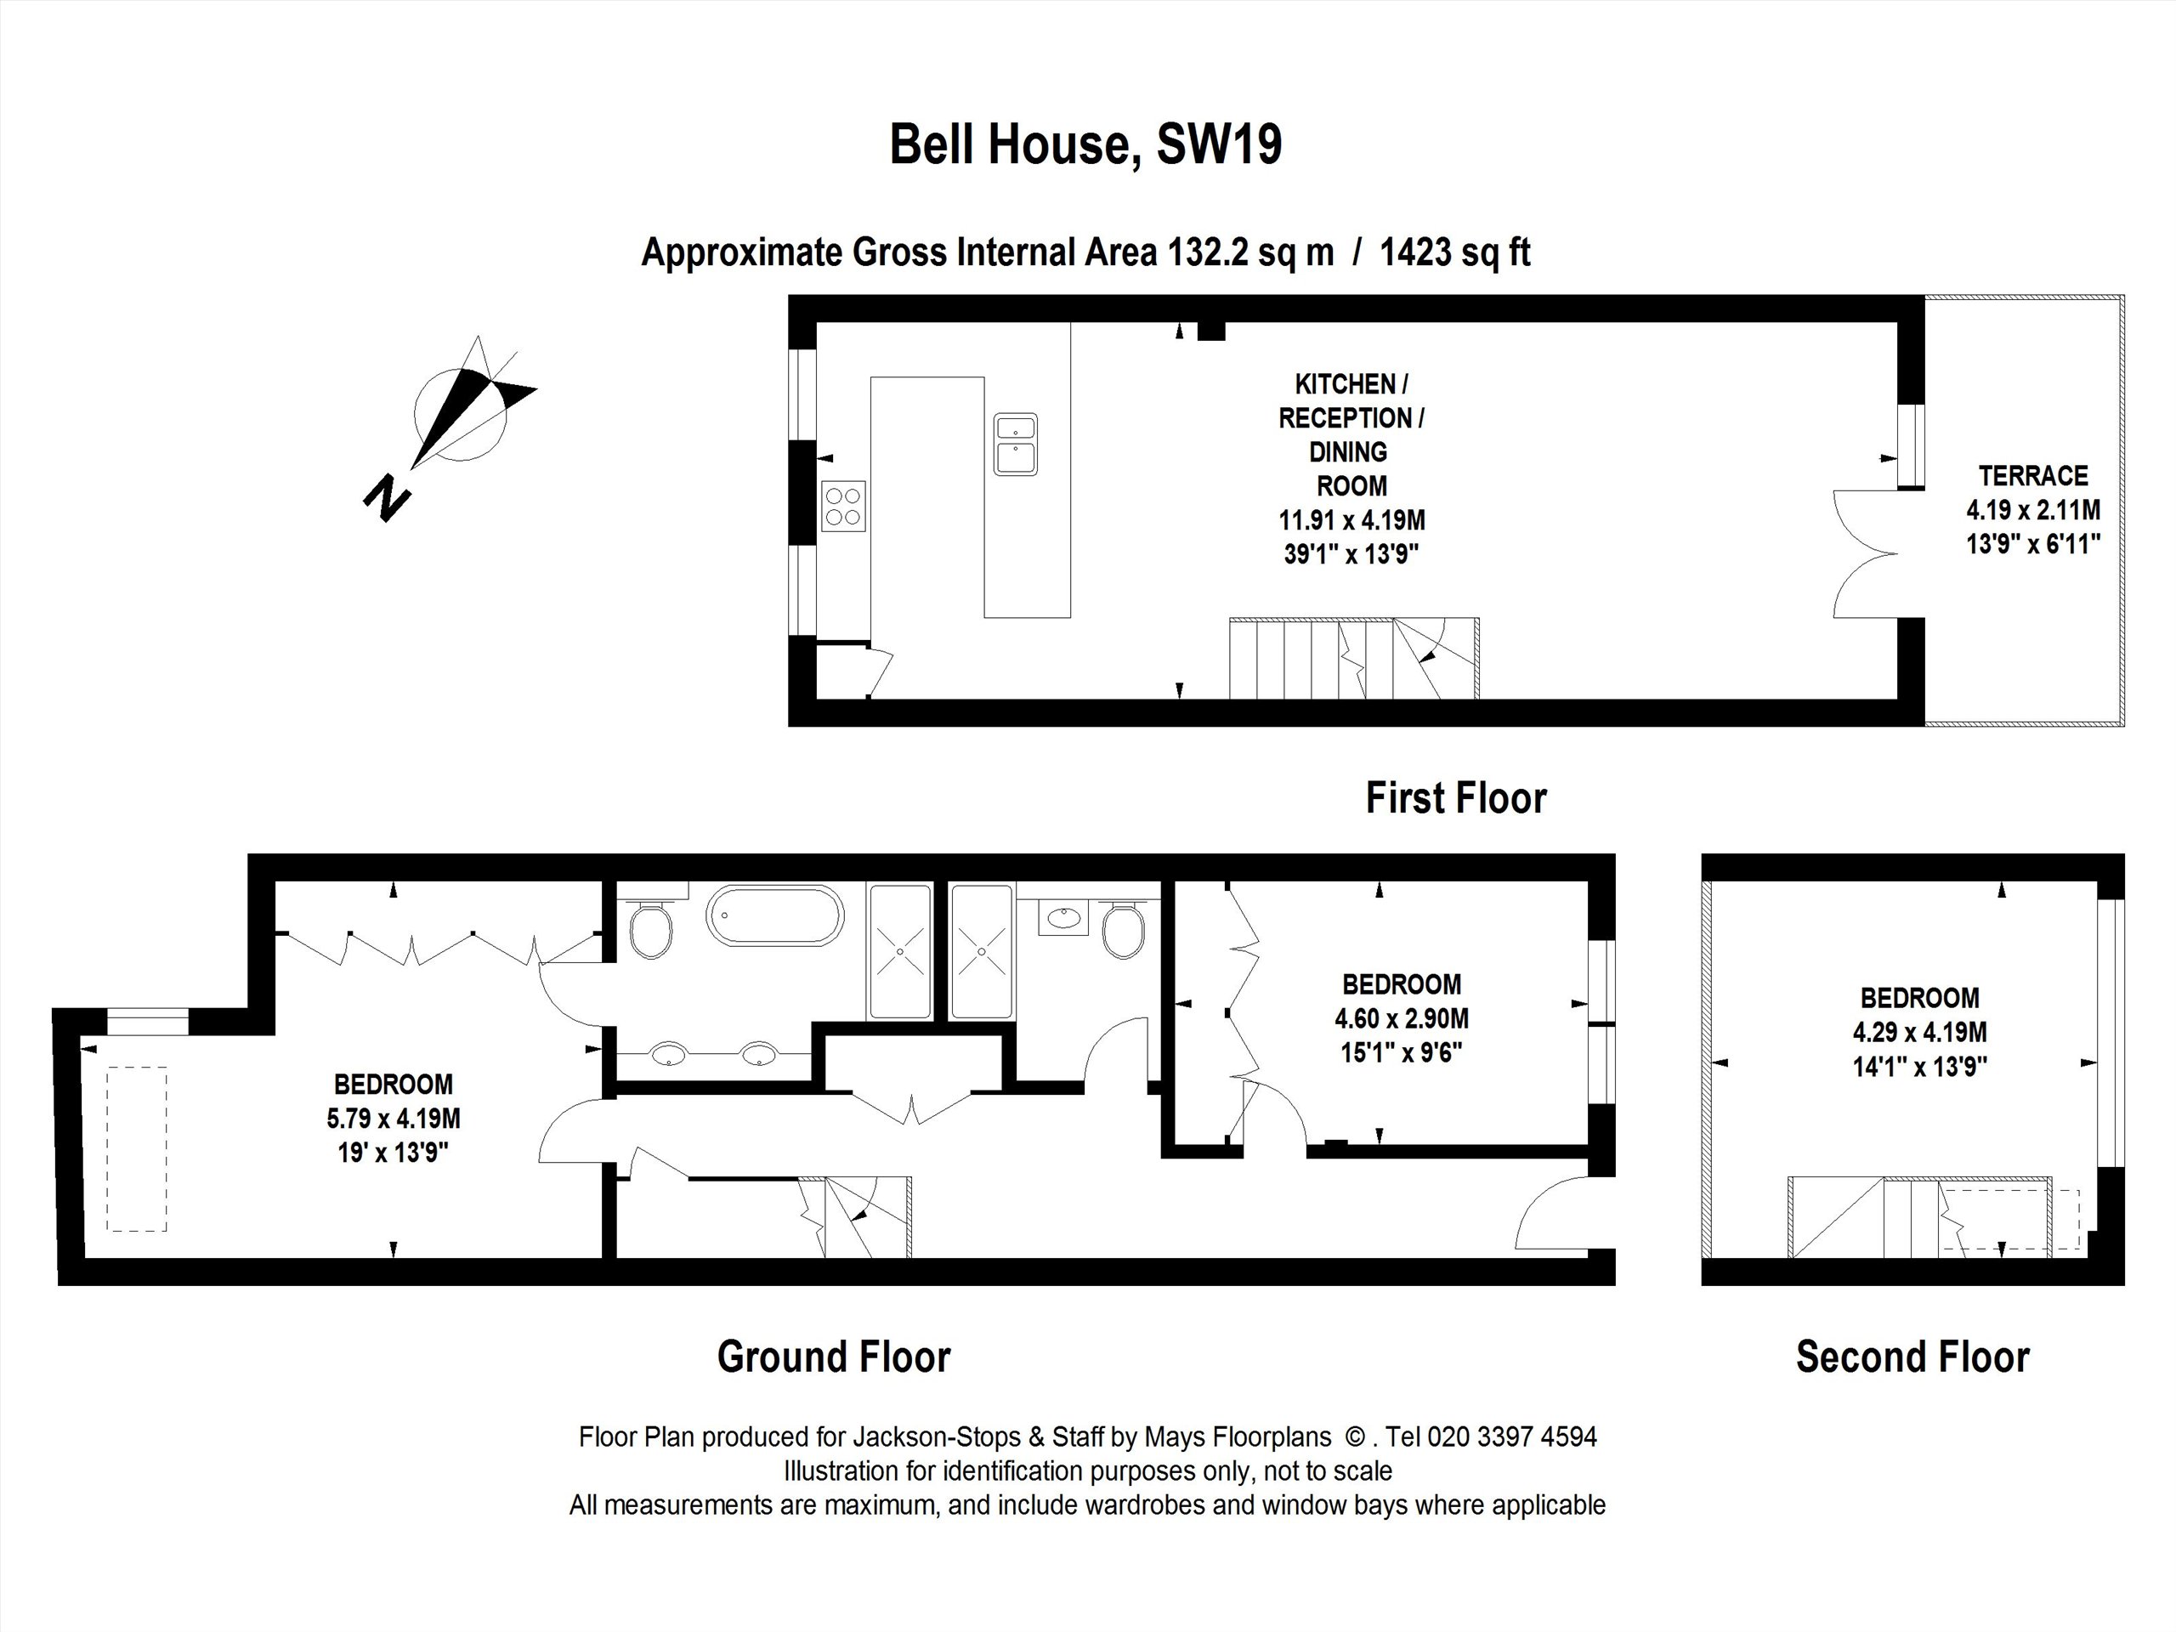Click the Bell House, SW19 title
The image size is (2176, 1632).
click(1086, 144)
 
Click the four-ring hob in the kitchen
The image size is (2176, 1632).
click(844, 506)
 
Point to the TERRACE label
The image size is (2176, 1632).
click(2033, 476)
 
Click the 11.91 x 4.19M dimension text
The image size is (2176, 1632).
click(1351, 519)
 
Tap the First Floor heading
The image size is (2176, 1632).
click(1456, 798)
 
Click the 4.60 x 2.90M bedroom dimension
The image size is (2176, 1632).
click(1402, 1018)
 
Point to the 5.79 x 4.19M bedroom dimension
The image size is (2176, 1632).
click(394, 1119)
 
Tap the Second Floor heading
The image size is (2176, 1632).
click(1912, 1357)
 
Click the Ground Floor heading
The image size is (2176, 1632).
click(834, 1357)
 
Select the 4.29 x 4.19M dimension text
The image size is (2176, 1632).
click(1919, 1032)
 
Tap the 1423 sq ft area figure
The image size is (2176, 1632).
click(1455, 252)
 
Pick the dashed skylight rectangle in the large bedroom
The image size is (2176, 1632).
click(137, 1149)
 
